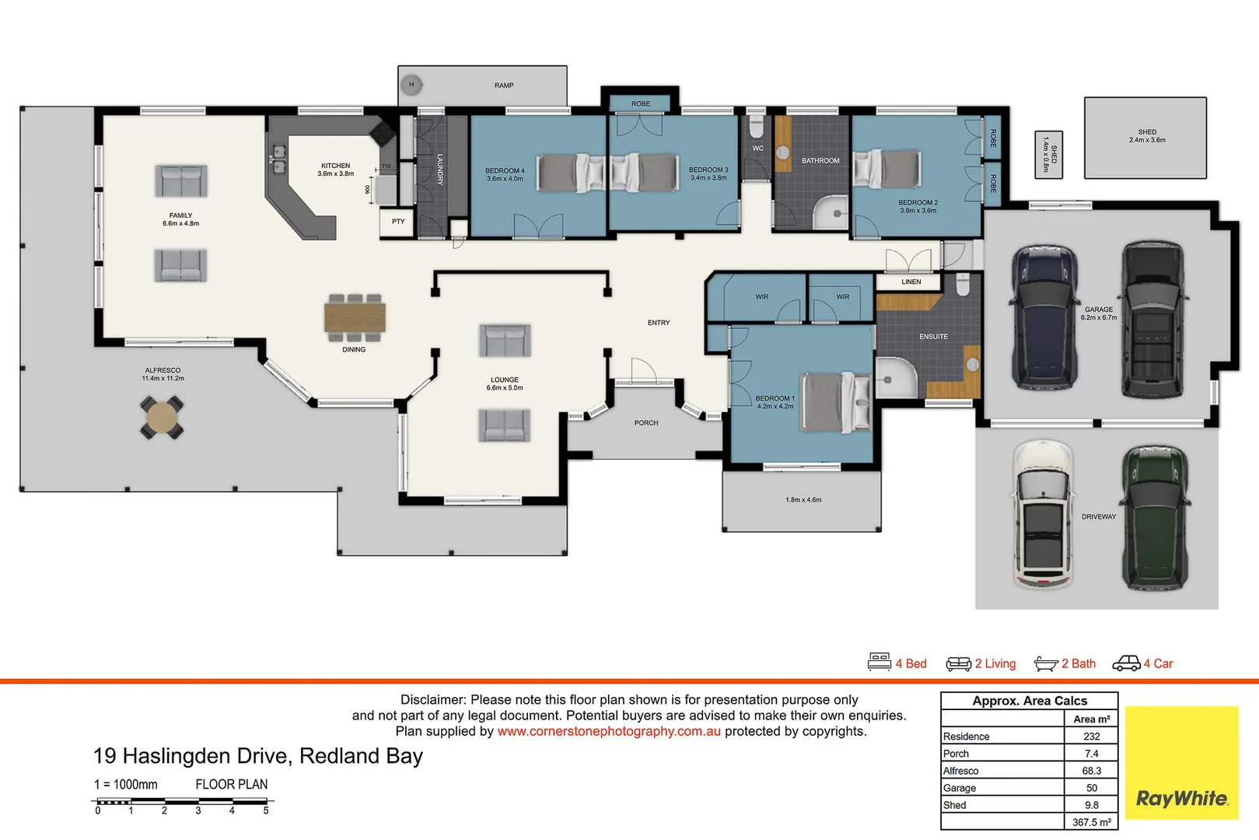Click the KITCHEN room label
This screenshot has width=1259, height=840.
tap(335, 166)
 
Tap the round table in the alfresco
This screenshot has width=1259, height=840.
tap(162, 417)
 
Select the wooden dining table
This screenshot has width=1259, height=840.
tap(355, 317)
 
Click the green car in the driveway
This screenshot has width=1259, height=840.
tap(1155, 517)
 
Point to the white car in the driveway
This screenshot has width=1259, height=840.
tap(1044, 514)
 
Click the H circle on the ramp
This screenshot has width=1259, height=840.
tap(411, 85)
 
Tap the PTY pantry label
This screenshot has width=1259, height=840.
tap(398, 222)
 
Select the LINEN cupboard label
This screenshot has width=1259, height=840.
tap(911, 282)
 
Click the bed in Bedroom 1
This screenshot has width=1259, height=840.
tap(836, 402)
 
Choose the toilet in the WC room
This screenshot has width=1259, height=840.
tap(757, 126)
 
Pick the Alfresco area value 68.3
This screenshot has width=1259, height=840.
tap(1091, 771)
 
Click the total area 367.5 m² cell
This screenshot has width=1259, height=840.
tap(1091, 822)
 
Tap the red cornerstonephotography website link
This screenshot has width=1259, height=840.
tap(609, 731)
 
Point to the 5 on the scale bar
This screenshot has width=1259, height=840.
tap(266, 810)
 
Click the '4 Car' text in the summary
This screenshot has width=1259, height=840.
tap(1159, 663)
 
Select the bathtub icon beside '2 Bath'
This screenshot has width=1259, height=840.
tap(1046, 664)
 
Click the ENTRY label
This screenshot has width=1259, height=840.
tap(659, 323)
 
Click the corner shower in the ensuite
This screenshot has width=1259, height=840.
tap(897, 377)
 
